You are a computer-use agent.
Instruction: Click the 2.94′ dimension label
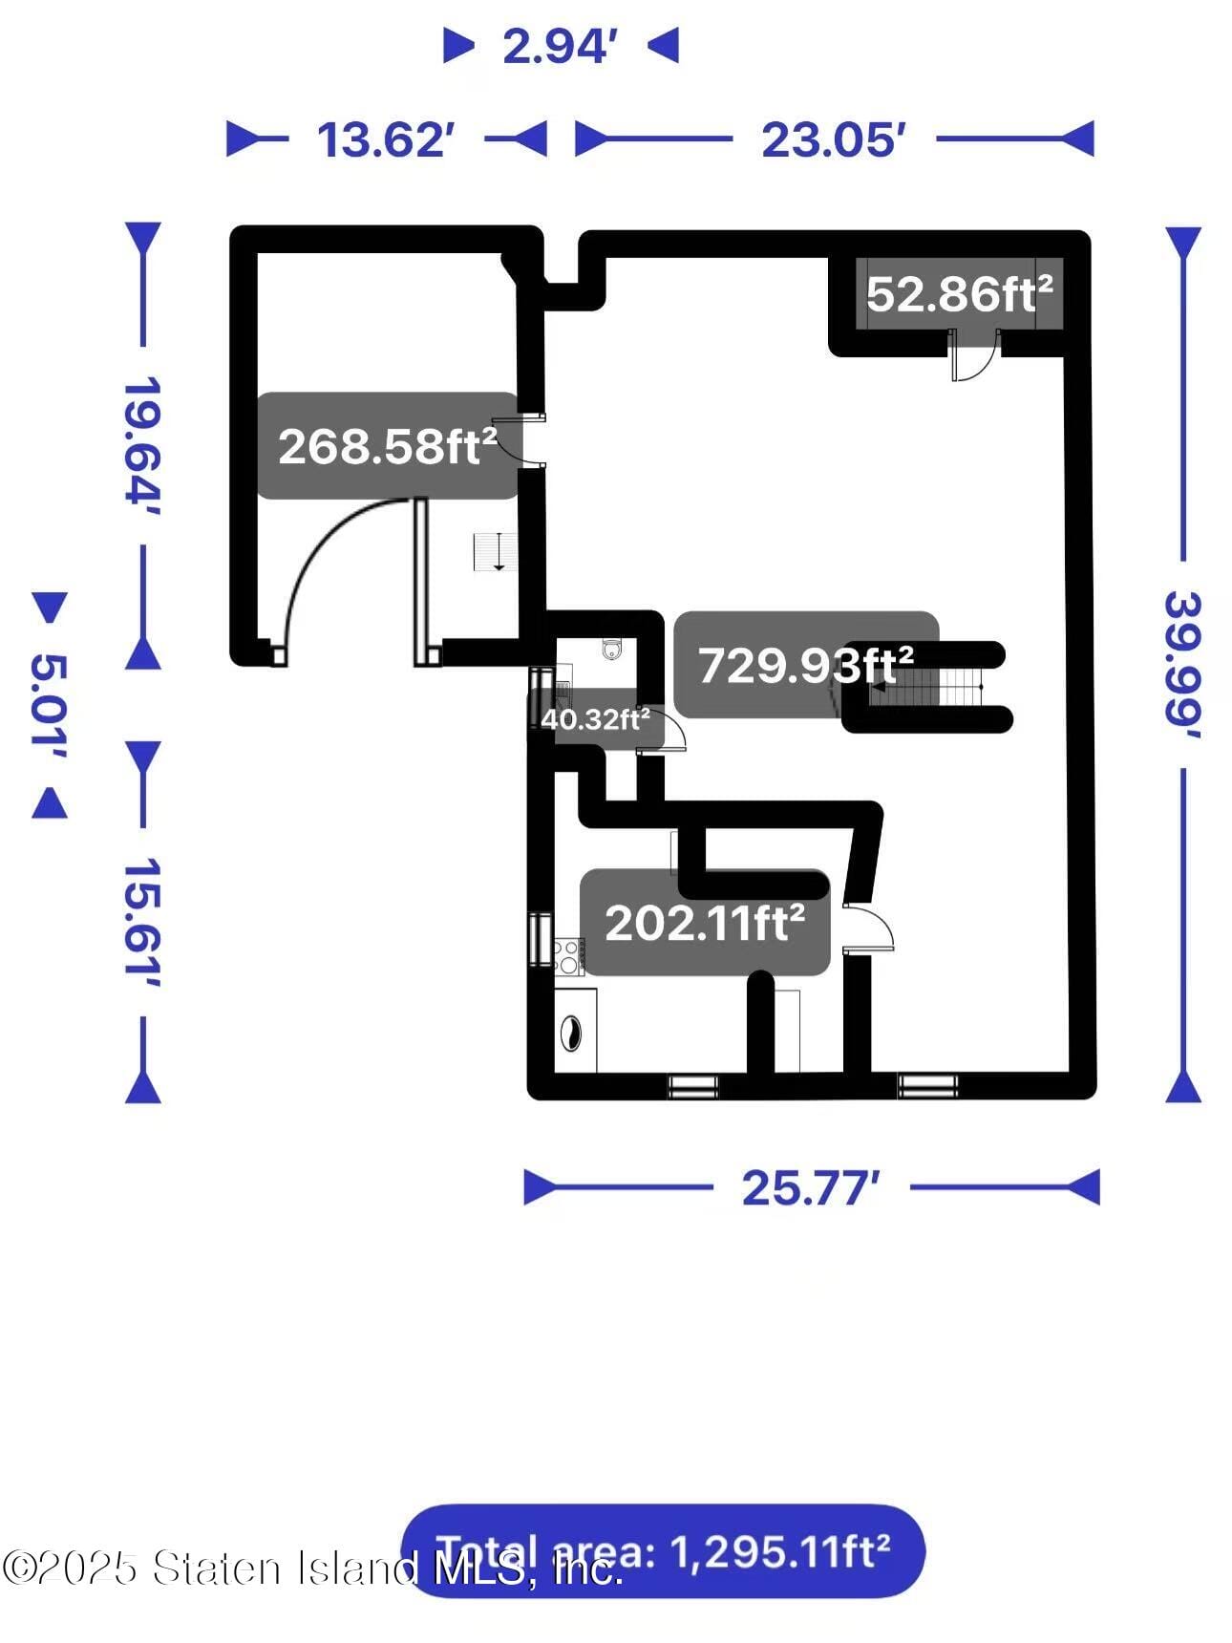click(555, 47)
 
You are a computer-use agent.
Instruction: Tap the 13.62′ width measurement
click(385, 140)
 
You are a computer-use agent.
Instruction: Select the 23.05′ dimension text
click(833, 140)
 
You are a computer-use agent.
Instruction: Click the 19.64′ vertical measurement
click(141, 445)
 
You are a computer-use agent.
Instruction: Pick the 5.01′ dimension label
click(50, 705)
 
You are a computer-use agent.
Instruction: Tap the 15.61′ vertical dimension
click(141, 923)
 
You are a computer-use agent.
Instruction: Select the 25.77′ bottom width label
click(810, 1188)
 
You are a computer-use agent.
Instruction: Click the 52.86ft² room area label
click(959, 294)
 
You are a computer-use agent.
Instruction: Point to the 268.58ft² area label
click(387, 446)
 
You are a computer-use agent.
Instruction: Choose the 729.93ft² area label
click(805, 665)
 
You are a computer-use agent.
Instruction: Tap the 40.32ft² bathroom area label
click(595, 718)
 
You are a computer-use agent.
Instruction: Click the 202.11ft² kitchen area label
click(705, 923)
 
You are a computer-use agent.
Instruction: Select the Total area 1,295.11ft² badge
click(663, 1551)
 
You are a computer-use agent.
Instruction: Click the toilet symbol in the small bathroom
click(612, 650)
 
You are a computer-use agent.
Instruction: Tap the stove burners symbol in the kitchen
click(569, 954)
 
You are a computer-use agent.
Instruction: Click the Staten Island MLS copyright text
click(311, 1568)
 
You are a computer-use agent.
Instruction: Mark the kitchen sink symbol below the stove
click(571, 1032)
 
